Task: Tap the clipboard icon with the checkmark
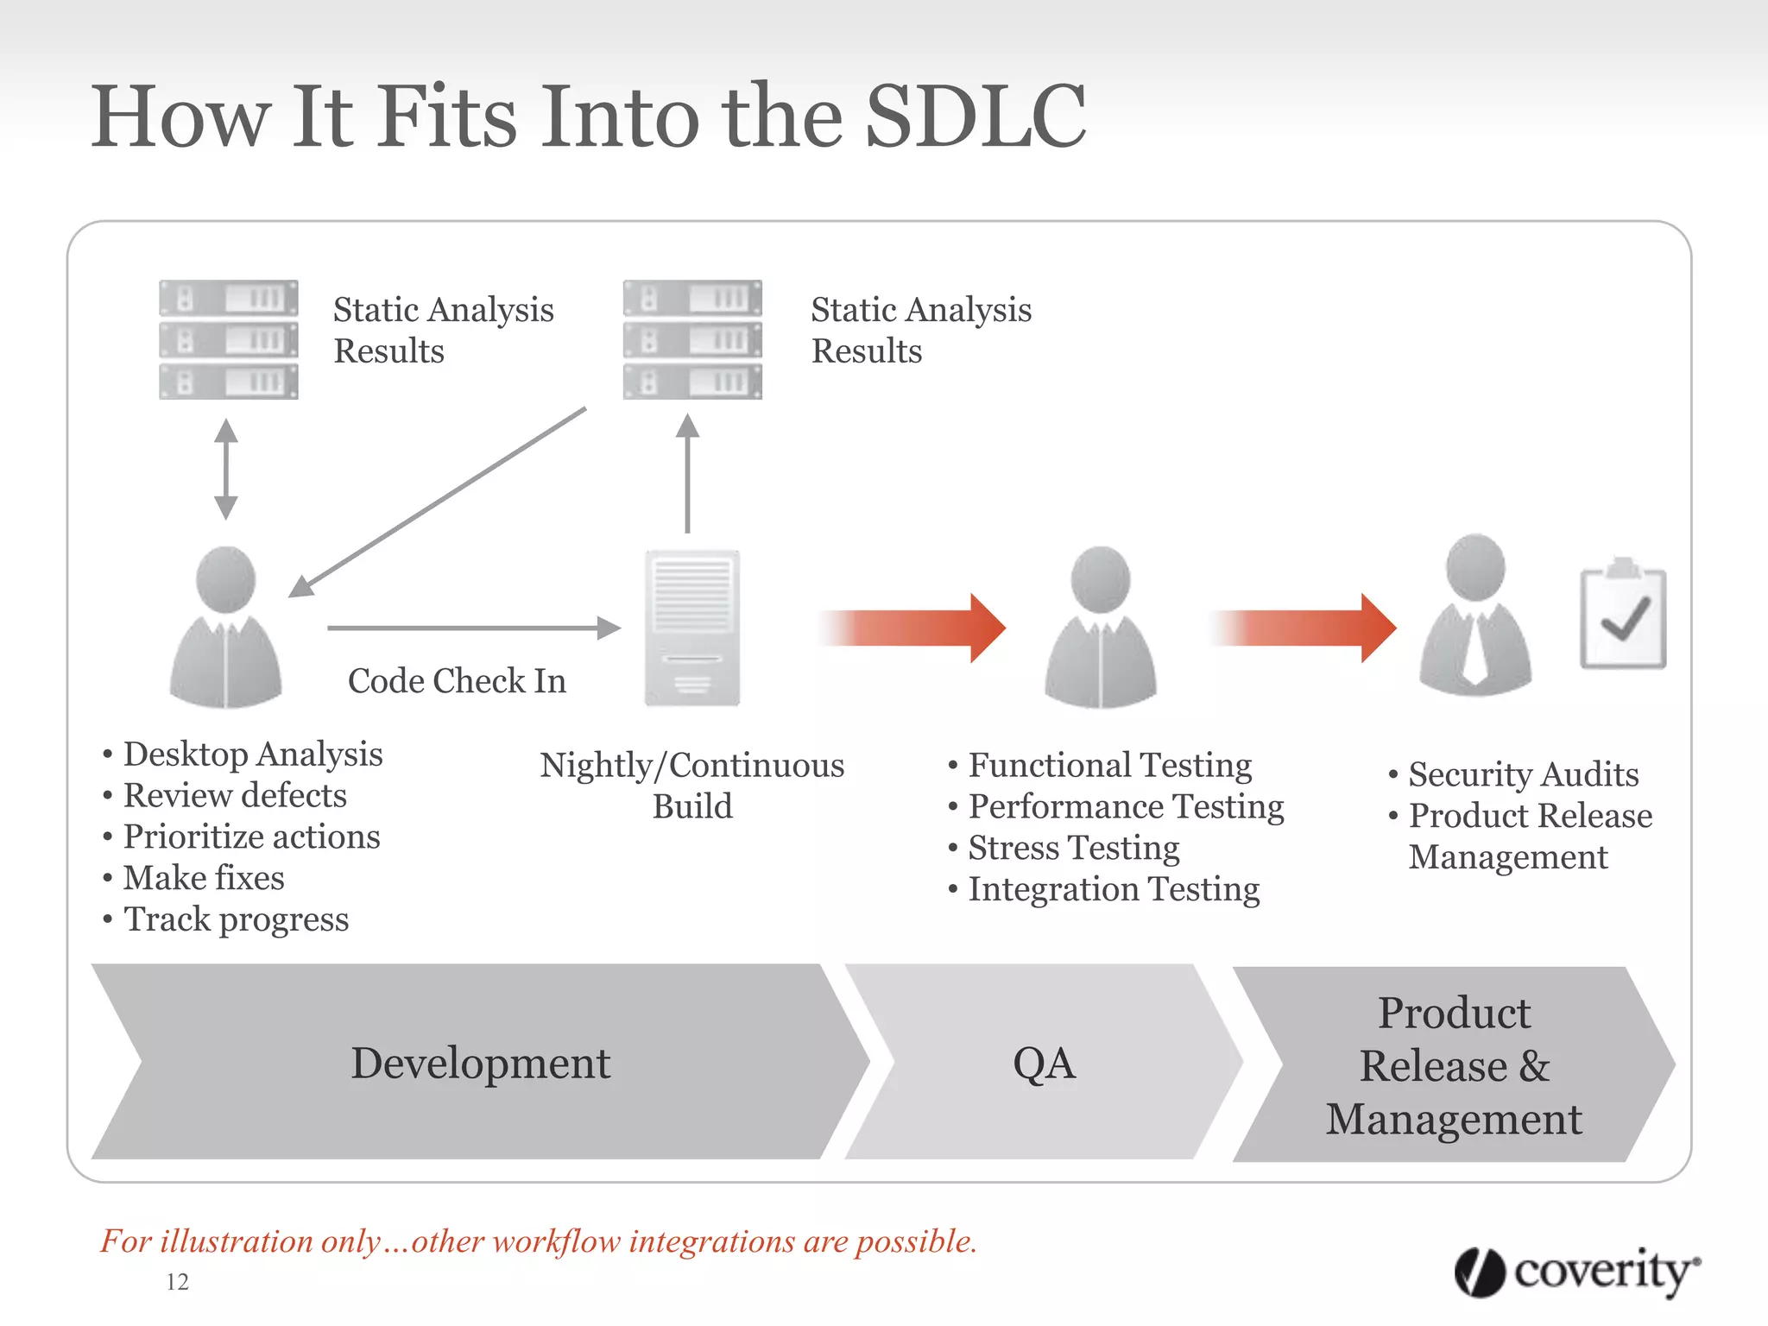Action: click(1622, 616)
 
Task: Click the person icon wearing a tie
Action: click(1475, 616)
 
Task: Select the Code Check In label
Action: click(457, 681)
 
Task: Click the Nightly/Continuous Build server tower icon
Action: click(691, 628)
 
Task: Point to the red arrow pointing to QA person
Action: click(915, 628)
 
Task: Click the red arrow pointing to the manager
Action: click(1305, 628)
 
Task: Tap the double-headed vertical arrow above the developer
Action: click(226, 469)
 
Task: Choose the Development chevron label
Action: click(480, 1063)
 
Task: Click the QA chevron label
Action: click(1044, 1063)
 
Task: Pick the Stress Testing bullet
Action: click(1073, 848)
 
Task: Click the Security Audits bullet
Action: click(1523, 774)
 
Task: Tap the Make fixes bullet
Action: click(204, 878)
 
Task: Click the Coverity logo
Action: click(1577, 1272)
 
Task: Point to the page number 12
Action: click(177, 1282)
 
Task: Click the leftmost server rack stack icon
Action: click(229, 339)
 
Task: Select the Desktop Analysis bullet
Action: click(252, 755)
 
